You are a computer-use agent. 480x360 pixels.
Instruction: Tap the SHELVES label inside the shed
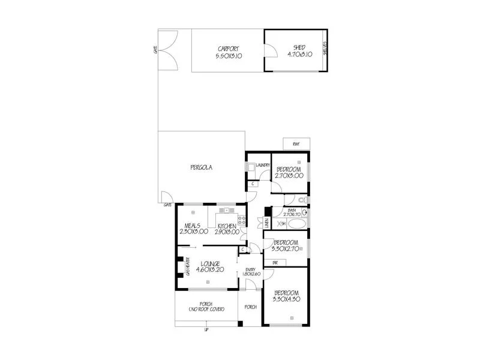[325, 49]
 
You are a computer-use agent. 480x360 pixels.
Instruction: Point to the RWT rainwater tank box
[296, 144]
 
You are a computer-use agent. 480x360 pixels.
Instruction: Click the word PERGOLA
[202, 167]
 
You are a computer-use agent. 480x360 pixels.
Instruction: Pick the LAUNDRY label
[262, 165]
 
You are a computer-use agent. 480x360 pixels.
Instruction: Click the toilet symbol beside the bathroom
[305, 199]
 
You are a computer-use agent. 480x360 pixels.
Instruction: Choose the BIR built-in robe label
[275, 262]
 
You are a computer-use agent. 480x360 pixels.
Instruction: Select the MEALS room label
[193, 226]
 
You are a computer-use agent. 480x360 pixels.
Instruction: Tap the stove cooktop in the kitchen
[242, 218]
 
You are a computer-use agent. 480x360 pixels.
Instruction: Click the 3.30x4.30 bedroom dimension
[286, 298]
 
